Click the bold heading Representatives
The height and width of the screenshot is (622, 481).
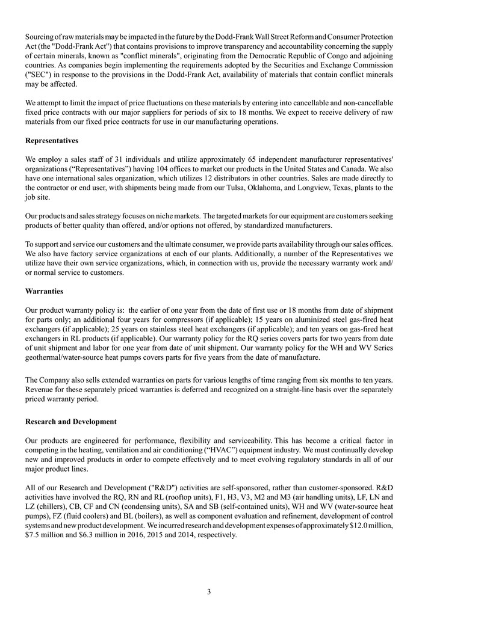(52, 141)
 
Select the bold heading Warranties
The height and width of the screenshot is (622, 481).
(44, 291)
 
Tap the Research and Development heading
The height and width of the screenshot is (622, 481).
(71, 422)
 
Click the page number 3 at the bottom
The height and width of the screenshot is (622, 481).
(208, 592)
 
